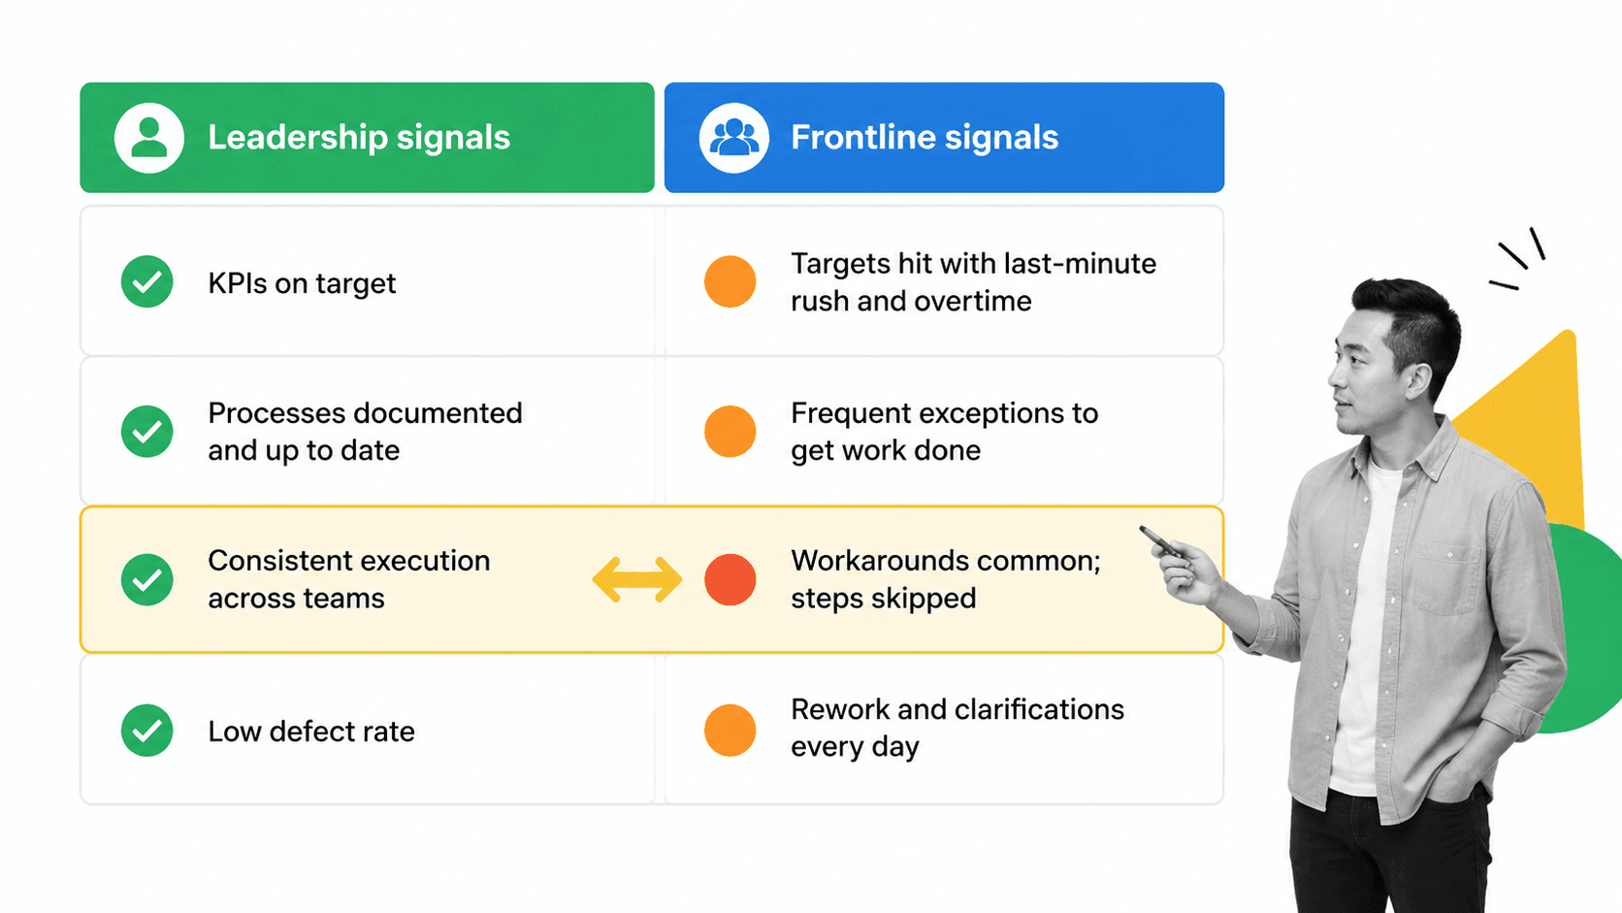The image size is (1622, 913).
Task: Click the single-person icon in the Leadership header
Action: pyautogui.click(x=149, y=138)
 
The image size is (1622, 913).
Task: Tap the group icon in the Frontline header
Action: pyautogui.click(x=733, y=138)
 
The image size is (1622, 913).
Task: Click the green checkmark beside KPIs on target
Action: pyautogui.click(x=147, y=281)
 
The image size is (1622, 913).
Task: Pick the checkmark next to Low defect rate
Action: pyautogui.click(x=147, y=731)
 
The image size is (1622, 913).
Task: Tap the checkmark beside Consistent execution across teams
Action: pyautogui.click(x=147, y=579)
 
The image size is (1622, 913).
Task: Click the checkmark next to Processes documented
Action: pyautogui.click(x=147, y=432)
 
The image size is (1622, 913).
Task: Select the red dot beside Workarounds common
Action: pyautogui.click(x=730, y=579)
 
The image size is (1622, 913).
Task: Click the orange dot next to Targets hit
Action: pyautogui.click(x=730, y=281)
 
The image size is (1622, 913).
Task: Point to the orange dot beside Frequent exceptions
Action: pyautogui.click(x=730, y=432)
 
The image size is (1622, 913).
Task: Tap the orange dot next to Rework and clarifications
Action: pyautogui.click(x=730, y=731)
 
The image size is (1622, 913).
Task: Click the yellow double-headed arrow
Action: pyautogui.click(x=637, y=579)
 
